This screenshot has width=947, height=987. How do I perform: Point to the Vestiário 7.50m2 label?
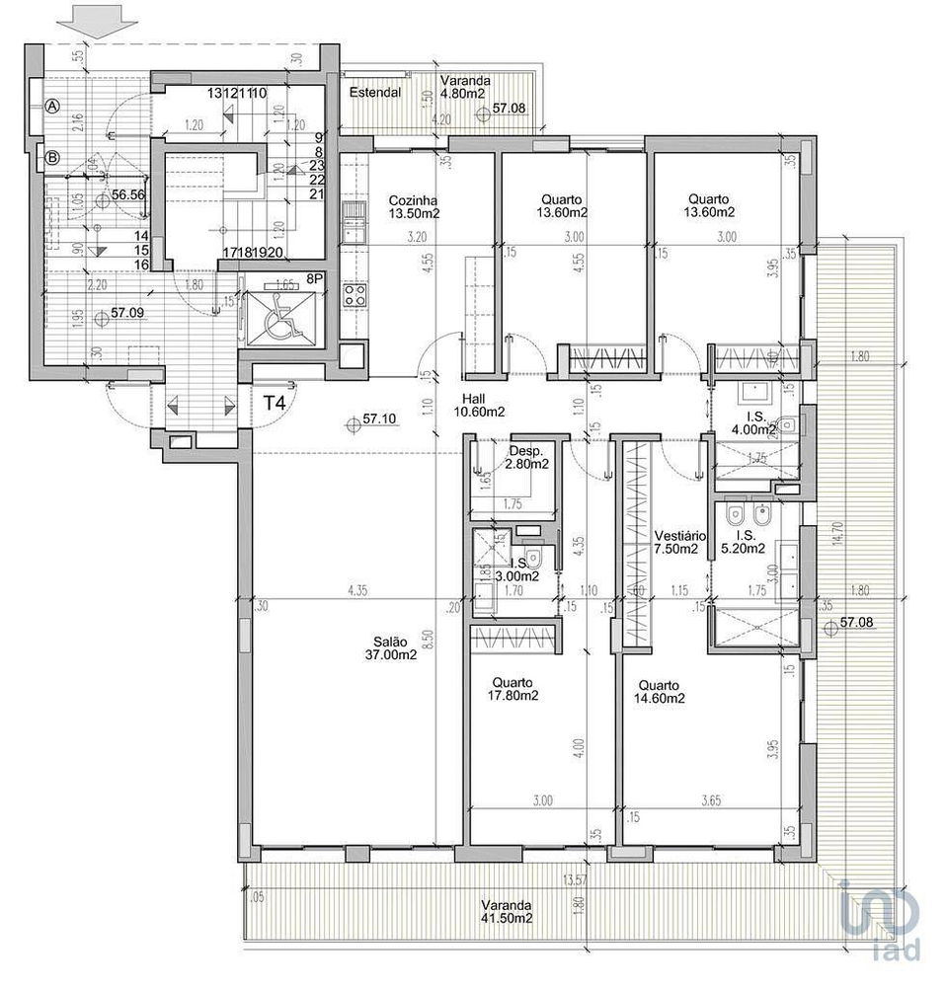(676, 542)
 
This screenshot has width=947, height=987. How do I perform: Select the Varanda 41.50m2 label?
(507, 911)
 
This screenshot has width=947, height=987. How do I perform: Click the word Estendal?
(374, 93)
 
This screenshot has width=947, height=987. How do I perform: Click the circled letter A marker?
(52, 106)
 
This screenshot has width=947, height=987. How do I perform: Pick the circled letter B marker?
(52, 155)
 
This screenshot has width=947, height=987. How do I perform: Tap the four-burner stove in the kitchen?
(353, 293)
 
